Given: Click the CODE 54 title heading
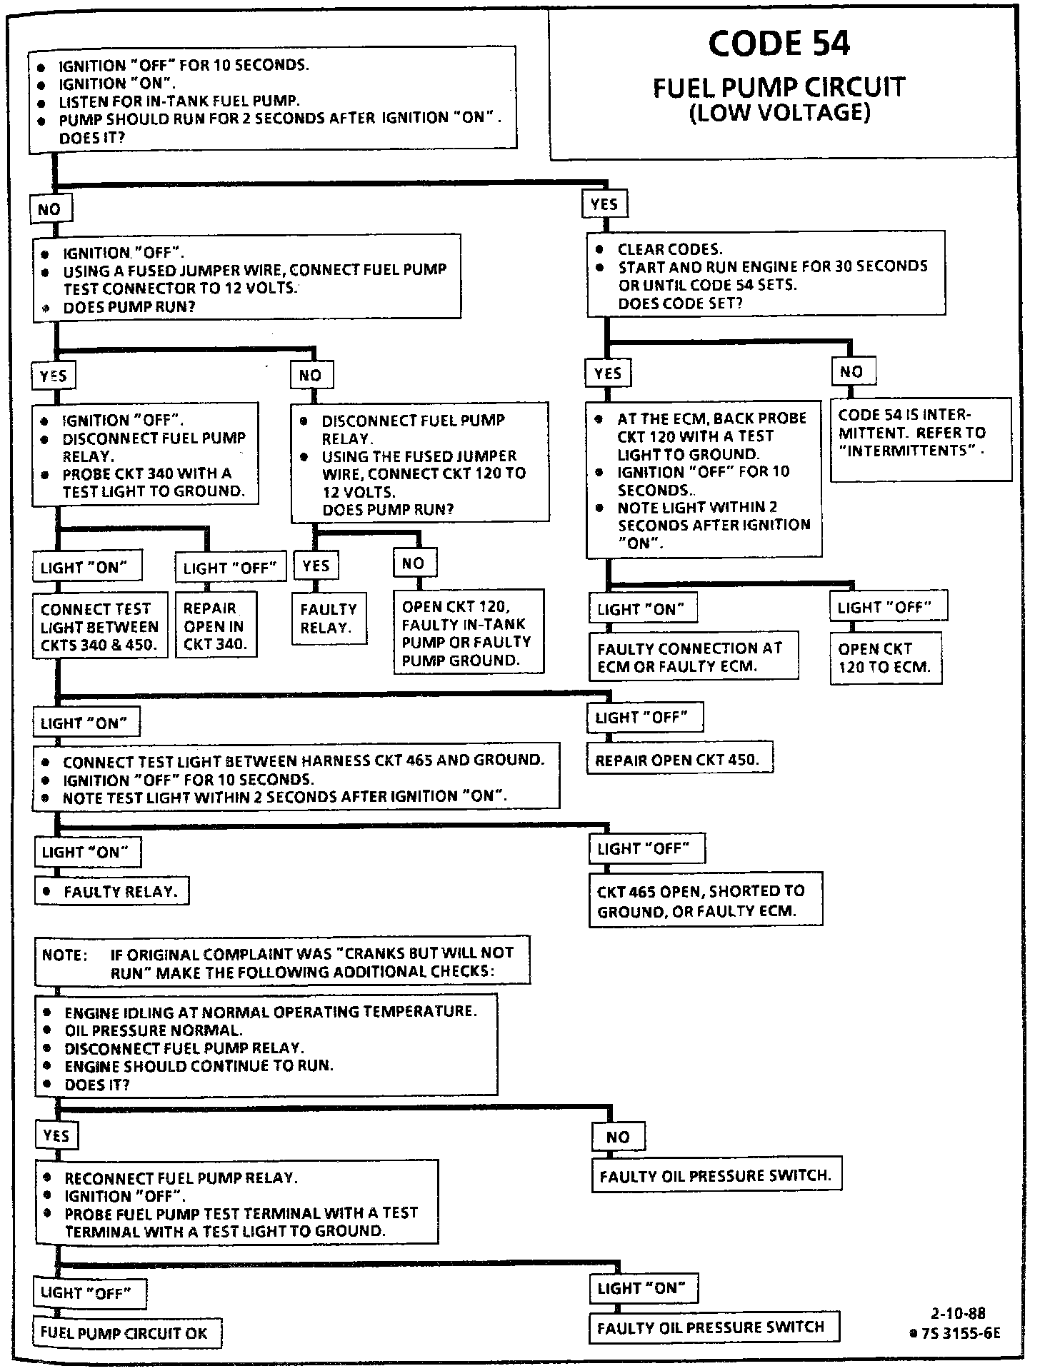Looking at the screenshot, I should click(779, 44).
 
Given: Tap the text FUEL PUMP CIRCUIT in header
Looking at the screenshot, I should click(779, 88).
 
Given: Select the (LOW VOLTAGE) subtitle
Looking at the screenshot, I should click(779, 113).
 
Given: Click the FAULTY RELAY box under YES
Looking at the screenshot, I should click(329, 618).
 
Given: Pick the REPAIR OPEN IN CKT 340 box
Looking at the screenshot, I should click(216, 626).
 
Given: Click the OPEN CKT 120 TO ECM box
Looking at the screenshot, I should click(885, 658).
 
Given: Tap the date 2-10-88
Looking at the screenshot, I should click(958, 1313).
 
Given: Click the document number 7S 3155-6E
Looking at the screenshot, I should click(957, 1332).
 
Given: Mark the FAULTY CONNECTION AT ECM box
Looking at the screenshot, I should click(693, 657).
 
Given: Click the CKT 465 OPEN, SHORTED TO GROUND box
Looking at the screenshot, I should click(705, 900).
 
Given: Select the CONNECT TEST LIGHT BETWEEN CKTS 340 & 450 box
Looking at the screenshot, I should click(100, 626).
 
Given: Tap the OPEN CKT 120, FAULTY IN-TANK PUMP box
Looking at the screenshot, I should click(469, 633).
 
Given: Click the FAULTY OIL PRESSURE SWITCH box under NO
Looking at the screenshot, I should click(716, 1176).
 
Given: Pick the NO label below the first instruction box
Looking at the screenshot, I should click(49, 209).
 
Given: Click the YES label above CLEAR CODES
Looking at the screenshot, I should click(604, 204).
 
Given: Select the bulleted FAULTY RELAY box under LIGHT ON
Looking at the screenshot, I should click(112, 891).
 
